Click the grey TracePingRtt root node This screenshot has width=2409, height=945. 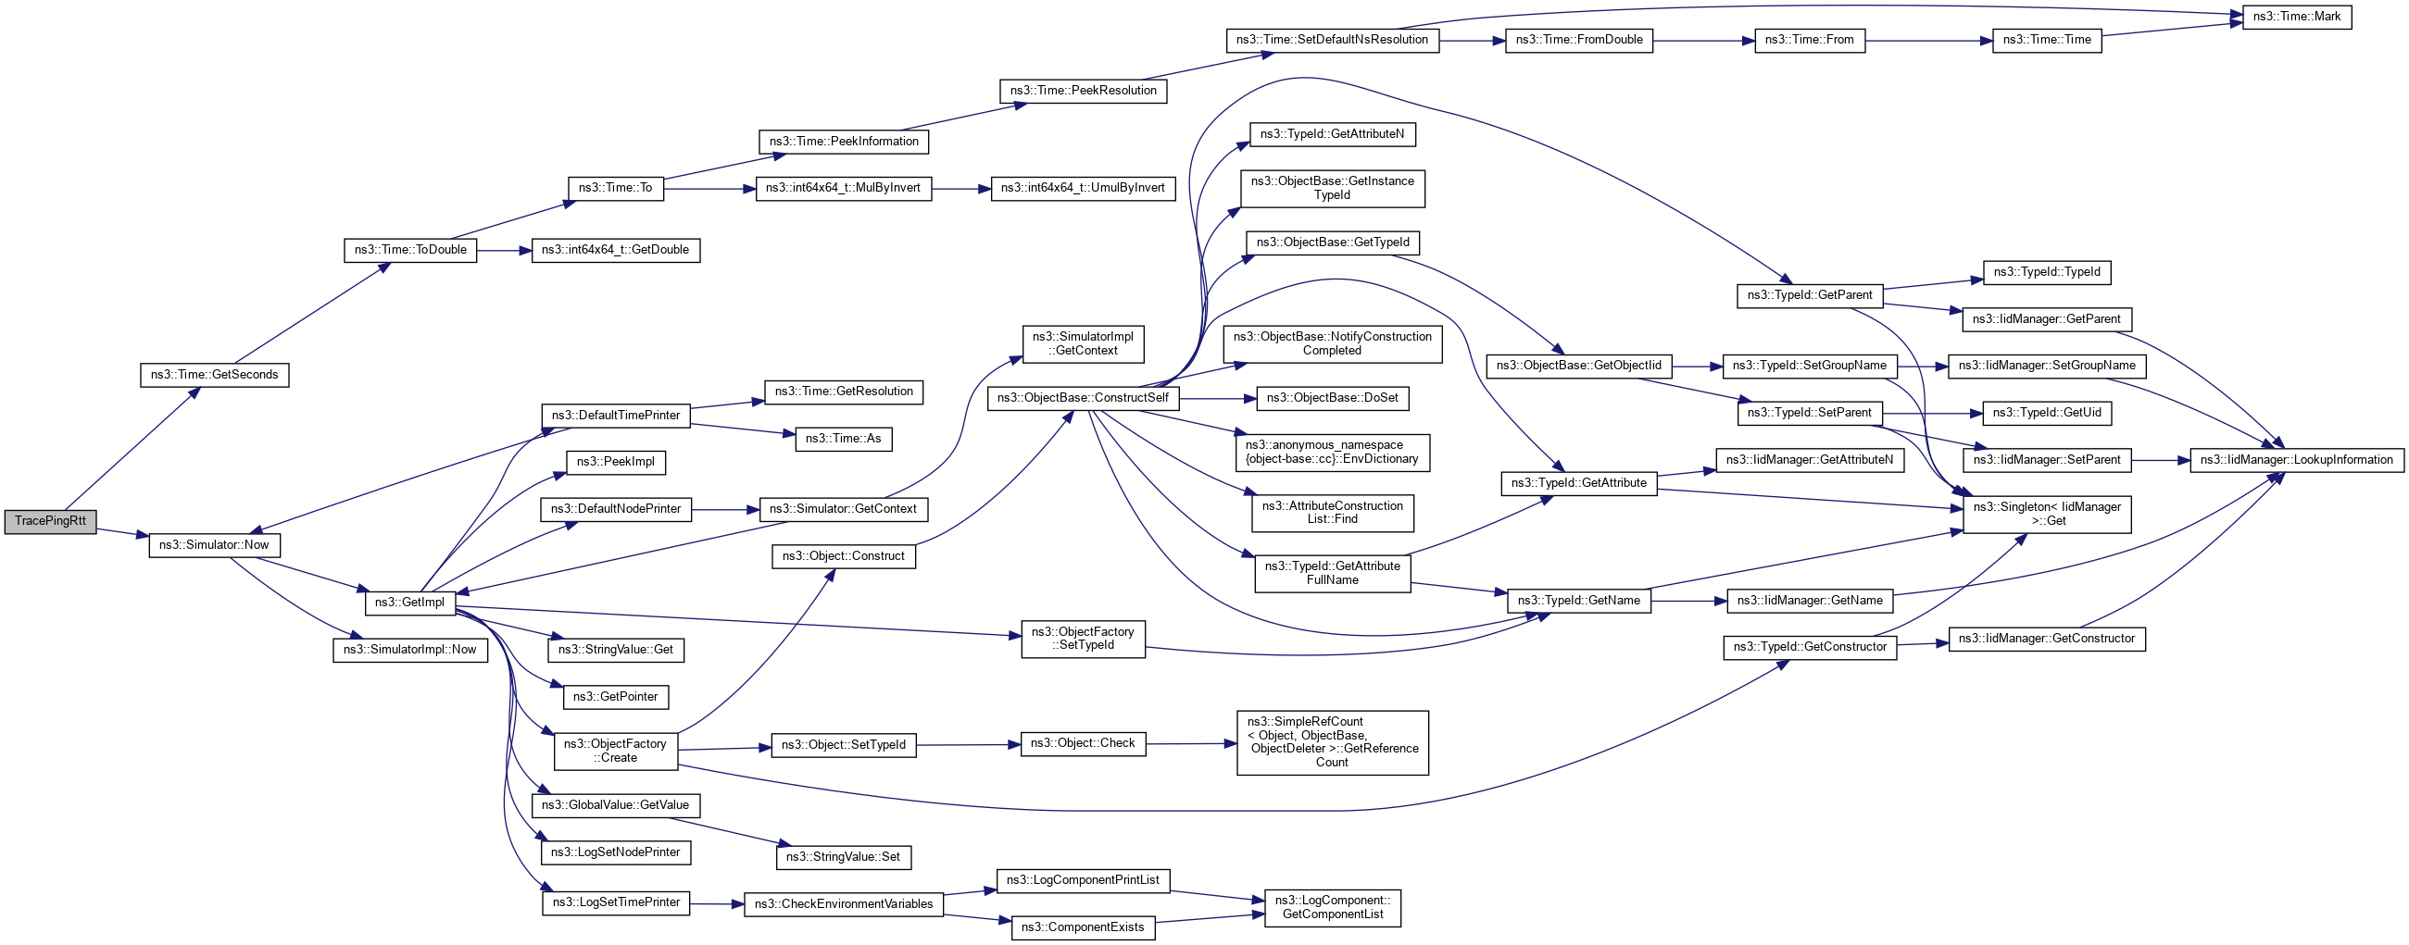click(x=51, y=522)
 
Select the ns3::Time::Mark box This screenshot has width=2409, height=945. click(x=2296, y=17)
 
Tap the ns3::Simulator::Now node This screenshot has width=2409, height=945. click(x=213, y=545)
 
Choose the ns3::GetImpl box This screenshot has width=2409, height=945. click(x=409, y=603)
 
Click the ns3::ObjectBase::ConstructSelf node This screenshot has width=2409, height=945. click(x=1082, y=398)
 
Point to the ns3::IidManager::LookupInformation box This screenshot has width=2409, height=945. click(x=2296, y=460)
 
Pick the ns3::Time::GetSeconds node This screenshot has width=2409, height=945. click(x=214, y=375)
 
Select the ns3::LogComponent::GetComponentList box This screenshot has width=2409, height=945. click(x=1332, y=908)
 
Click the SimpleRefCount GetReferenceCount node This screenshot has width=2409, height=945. click(x=1332, y=742)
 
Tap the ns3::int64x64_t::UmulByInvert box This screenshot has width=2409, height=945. click(x=1082, y=188)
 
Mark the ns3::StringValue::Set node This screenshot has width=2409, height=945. click(x=843, y=857)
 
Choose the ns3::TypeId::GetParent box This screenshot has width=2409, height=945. click(x=1810, y=295)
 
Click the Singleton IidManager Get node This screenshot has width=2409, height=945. click(x=2046, y=514)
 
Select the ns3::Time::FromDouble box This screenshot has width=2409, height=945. click(x=1578, y=40)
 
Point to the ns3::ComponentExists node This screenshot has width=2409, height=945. click(x=1082, y=927)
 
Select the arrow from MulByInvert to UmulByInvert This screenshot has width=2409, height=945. click(x=961, y=189)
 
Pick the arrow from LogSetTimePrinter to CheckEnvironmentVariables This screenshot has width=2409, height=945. click(x=716, y=904)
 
